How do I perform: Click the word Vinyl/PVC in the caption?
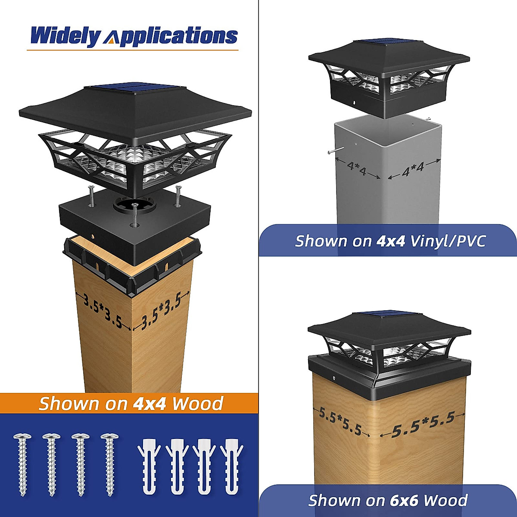coord(448,241)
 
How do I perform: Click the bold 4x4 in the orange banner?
coord(148,404)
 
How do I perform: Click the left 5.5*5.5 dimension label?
coord(339,421)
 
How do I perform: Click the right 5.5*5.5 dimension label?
coord(423,424)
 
